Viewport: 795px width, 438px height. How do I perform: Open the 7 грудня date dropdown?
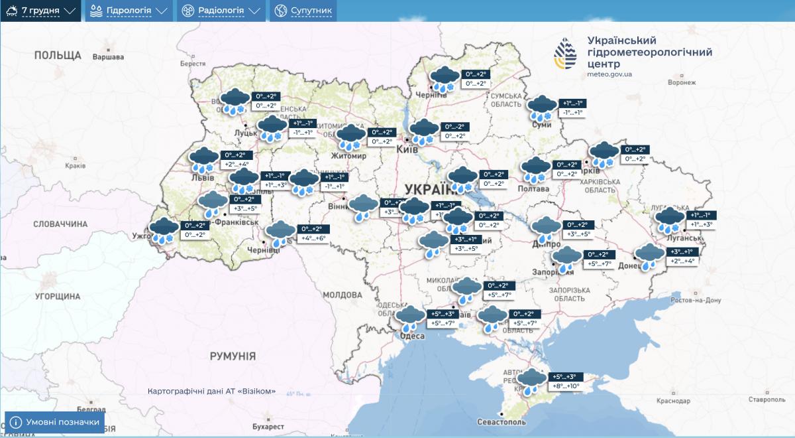[41, 11]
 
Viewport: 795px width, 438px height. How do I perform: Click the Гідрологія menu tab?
[129, 11]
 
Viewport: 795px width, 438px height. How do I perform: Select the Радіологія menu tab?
[221, 11]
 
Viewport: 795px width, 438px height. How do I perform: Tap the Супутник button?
[303, 11]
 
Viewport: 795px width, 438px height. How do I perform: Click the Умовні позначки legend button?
[55, 422]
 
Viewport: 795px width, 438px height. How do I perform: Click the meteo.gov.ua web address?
[609, 74]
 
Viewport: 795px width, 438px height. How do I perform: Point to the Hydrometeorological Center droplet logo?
[565, 53]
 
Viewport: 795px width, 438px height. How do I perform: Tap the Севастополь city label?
[502, 422]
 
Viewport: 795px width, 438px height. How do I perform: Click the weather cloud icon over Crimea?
[531, 381]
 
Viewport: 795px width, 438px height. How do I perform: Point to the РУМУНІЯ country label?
[233, 356]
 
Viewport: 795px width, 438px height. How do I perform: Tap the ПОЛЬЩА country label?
[58, 55]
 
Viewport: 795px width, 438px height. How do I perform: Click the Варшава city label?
[108, 57]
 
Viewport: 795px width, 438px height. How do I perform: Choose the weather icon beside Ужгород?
[164, 230]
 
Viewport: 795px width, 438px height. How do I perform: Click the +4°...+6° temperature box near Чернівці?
[313, 238]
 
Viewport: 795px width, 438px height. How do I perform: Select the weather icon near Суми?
[543, 108]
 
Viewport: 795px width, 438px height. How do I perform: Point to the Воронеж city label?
[682, 82]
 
